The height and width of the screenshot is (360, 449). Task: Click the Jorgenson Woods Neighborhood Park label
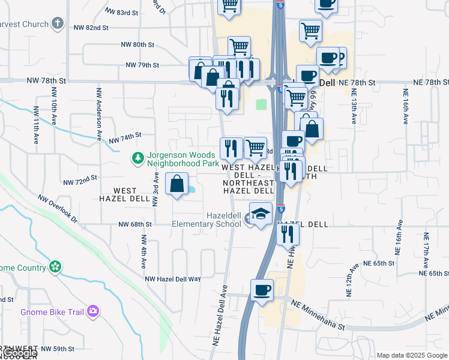183,158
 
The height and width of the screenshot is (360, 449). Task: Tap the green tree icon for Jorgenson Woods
138,158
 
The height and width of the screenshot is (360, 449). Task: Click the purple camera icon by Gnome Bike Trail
92,311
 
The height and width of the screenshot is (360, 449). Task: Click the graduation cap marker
261,215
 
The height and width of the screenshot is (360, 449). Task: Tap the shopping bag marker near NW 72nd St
177,185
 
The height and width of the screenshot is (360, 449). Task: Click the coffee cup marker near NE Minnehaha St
261,291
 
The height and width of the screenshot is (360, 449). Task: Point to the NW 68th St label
136,224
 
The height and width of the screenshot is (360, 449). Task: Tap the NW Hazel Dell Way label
173,279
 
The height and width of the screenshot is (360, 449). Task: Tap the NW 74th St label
124,139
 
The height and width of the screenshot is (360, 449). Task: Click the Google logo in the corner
20,353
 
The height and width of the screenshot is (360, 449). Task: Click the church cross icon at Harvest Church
58,24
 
